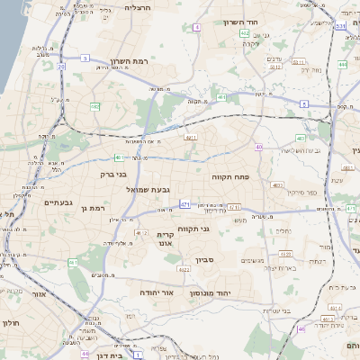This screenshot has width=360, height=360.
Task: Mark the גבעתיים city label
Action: tap(62, 202)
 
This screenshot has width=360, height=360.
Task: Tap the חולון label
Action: tap(11, 322)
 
